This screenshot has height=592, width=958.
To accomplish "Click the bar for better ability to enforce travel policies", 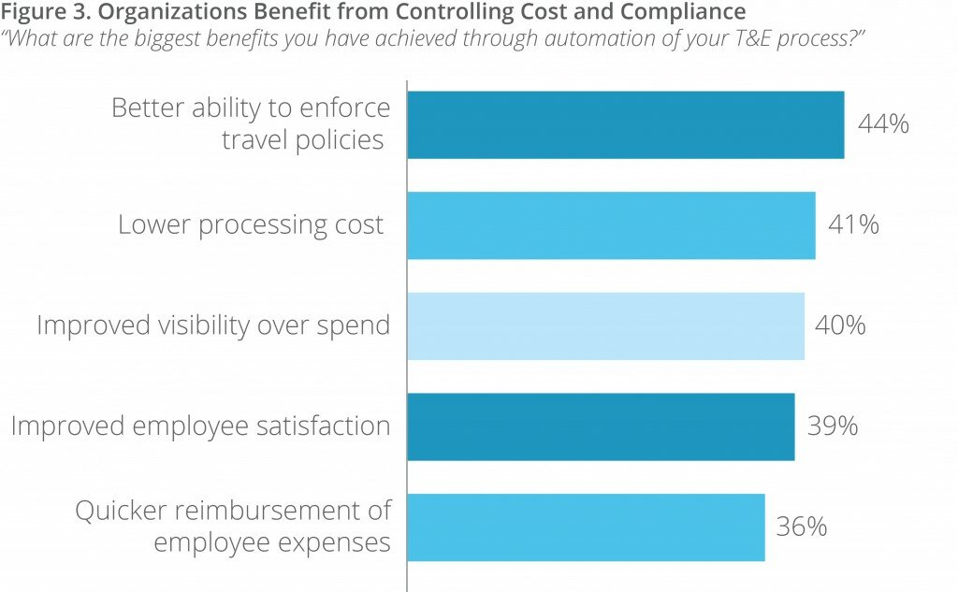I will (x=625, y=124).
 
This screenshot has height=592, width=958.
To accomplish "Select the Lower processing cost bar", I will (x=611, y=225).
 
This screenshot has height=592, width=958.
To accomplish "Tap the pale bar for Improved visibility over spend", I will (x=605, y=325).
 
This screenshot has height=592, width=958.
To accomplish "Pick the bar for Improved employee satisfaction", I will (x=601, y=426).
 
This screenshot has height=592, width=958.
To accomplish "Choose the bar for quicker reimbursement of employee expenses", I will (x=586, y=527).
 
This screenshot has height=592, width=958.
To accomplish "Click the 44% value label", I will (x=883, y=124).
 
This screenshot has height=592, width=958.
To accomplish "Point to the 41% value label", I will (x=853, y=225).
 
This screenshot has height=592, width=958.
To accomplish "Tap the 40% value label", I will (x=840, y=325).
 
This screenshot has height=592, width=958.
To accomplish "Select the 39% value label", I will (x=832, y=426).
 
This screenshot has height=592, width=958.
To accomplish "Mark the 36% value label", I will (x=802, y=527).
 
